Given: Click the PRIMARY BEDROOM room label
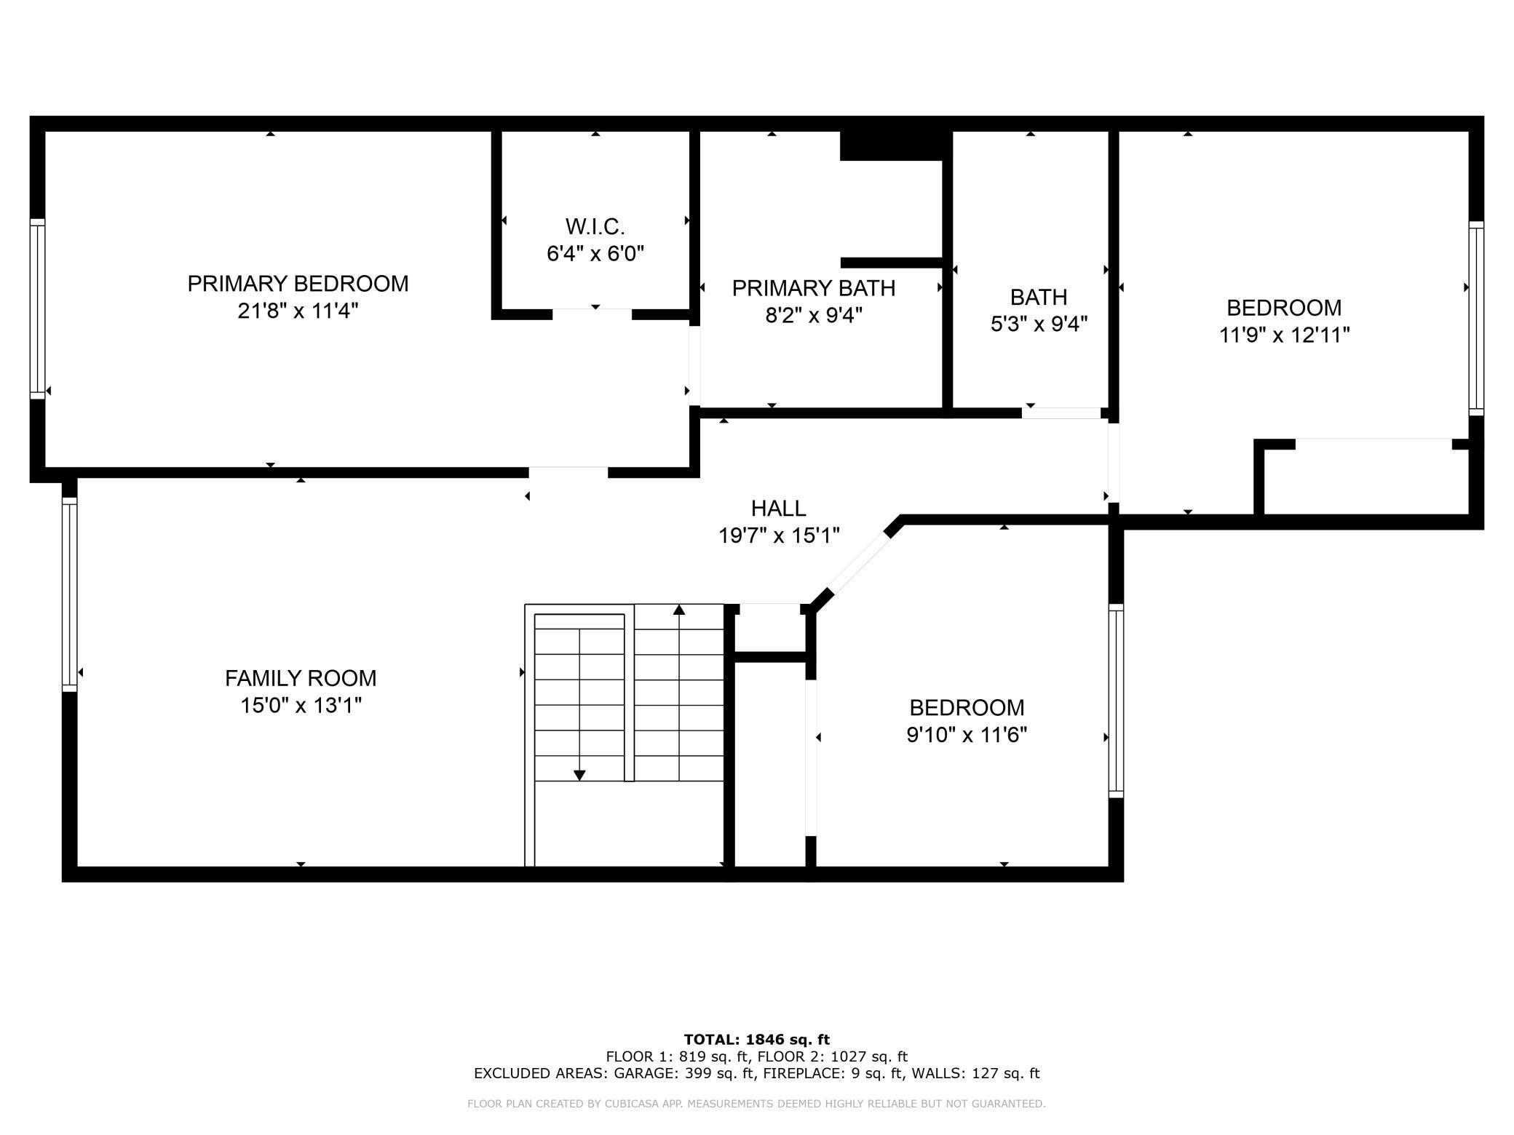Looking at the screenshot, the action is pos(298,284).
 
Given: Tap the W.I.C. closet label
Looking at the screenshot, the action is pos(595,227).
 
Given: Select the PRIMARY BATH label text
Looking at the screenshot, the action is pos(814,288).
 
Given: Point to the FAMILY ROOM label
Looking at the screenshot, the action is pos(301,678).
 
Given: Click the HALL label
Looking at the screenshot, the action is pos(779,508).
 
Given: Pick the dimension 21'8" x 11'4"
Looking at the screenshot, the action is pos(298,311).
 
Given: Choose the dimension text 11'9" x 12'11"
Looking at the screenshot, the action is pos(1285,335).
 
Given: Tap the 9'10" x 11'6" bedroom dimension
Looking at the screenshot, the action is pos(967,736).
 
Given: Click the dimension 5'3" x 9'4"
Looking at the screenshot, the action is pos(1039,324).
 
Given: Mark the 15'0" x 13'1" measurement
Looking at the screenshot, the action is pos(301,706).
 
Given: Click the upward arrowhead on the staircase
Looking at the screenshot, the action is pos(679,610).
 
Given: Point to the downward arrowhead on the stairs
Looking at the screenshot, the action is pos(579,776).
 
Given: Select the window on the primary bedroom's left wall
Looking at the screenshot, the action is pos(37,308).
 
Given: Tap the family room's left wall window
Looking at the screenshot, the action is pos(69,594).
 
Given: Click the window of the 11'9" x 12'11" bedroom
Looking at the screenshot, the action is pos(1476,318).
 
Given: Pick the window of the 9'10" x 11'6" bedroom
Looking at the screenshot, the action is pos(1116,701).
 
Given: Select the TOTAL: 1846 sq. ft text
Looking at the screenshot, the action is pos(757,1040).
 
